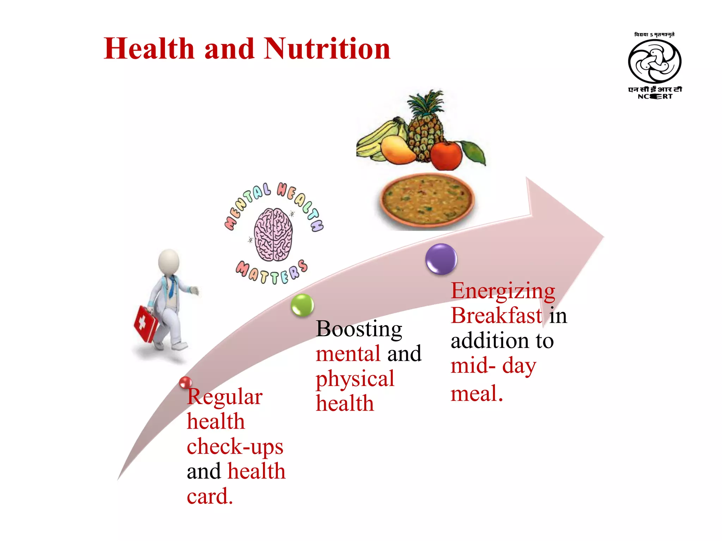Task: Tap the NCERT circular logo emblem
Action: tap(655, 62)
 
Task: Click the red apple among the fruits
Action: tap(446, 155)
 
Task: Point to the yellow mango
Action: tap(398, 150)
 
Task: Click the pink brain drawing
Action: tap(273, 234)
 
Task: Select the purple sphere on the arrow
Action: tap(441, 259)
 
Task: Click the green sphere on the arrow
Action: tap(302, 305)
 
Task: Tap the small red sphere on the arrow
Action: tap(185, 383)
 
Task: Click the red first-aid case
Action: tap(146, 323)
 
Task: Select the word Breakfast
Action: tap(496, 315)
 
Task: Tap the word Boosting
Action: tap(359, 329)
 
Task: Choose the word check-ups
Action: tap(235, 447)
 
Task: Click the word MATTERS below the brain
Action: tap(271, 273)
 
